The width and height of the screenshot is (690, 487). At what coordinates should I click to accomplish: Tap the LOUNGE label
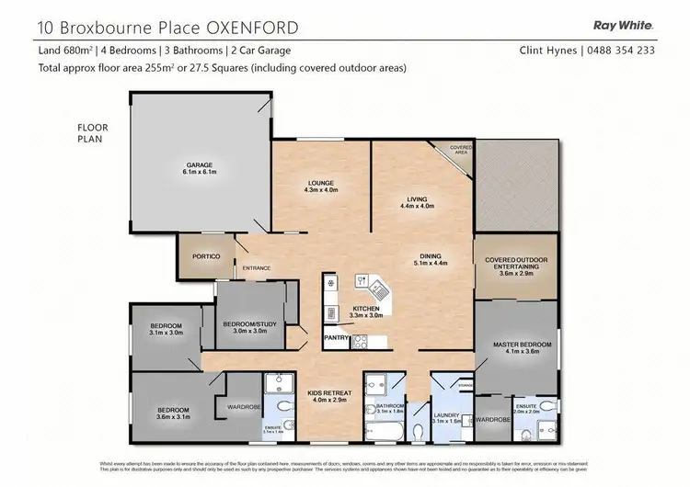click(322, 184)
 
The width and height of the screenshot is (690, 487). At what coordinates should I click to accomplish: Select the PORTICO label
click(205, 256)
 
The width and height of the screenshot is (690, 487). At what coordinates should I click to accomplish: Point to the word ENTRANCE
click(257, 268)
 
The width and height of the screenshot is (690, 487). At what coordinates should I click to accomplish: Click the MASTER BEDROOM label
click(522, 345)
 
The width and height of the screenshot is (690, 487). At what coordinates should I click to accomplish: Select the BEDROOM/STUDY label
click(250, 323)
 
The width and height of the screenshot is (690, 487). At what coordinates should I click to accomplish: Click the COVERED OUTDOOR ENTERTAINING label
click(515, 265)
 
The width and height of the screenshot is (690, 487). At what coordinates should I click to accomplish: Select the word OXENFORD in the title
click(248, 28)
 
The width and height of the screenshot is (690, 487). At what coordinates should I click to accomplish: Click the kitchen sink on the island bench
click(363, 281)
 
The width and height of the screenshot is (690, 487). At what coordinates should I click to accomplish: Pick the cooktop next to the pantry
click(360, 342)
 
